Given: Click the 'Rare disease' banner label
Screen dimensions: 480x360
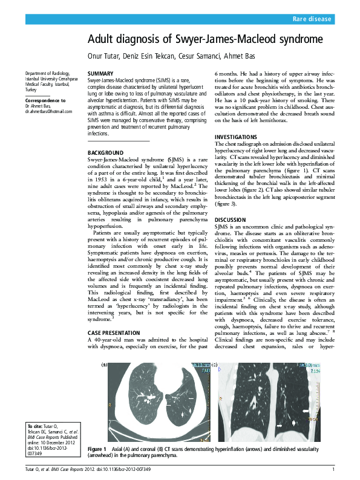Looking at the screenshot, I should click(x=312, y=19).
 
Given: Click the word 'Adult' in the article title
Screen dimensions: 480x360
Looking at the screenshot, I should click(x=102, y=40).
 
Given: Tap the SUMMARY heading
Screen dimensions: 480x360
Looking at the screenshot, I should click(x=100, y=73).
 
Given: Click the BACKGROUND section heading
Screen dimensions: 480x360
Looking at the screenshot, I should click(x=106, y=152).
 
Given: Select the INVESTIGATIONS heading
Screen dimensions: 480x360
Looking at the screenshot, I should click(x=239, y=137).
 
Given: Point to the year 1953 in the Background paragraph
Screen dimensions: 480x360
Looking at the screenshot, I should click(x=99, y=180).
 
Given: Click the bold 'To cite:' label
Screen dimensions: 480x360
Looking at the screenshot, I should click(x=34, y=427).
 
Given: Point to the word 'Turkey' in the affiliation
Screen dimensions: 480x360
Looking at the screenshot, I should click(x=30, y=89).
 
